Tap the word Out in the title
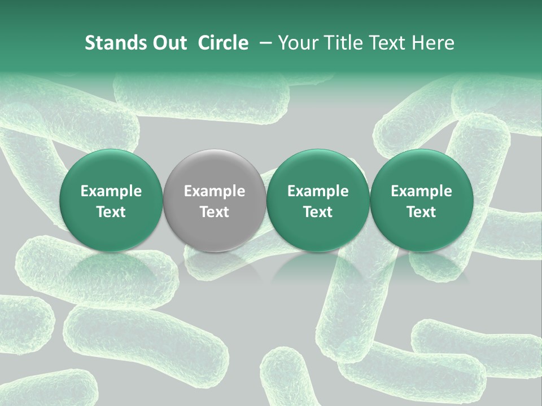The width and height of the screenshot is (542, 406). point(167,43)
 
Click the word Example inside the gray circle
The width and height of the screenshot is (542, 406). point(215,191)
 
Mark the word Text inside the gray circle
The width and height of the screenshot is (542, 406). point(215,211)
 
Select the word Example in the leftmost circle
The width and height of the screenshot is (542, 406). point(111,191)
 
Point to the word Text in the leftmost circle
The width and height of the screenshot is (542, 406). point(111,211)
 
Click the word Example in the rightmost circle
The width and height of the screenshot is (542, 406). point(421,191)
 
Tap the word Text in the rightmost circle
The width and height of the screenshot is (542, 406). point(421,211)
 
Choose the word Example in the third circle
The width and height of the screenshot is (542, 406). point(318,191)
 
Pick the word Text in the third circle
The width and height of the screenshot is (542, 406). point(318,211)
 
